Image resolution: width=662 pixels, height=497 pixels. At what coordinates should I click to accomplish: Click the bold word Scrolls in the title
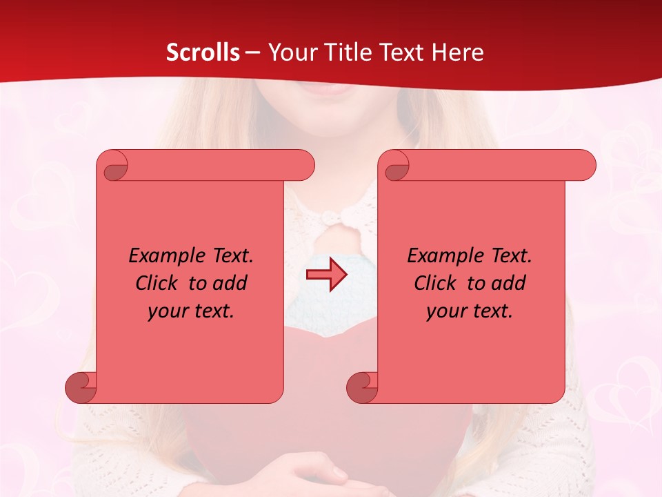click(203, 52)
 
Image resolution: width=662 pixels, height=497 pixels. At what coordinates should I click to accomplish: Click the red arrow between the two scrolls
click(326, 275)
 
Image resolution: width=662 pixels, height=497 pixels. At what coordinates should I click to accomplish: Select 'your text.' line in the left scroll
click(191, 311)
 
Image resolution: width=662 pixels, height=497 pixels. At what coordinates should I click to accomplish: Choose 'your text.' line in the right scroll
click(470, 311)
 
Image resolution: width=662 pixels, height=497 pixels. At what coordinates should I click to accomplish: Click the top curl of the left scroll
click(113, 166)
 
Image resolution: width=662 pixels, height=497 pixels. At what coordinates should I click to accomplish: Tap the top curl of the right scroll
click(394, 166)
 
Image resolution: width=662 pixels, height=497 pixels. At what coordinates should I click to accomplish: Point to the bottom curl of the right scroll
click(362, 387)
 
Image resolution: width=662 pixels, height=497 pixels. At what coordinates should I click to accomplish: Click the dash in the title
click(252, 52)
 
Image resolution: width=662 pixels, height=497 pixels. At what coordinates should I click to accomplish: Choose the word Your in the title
click(290, 52)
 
